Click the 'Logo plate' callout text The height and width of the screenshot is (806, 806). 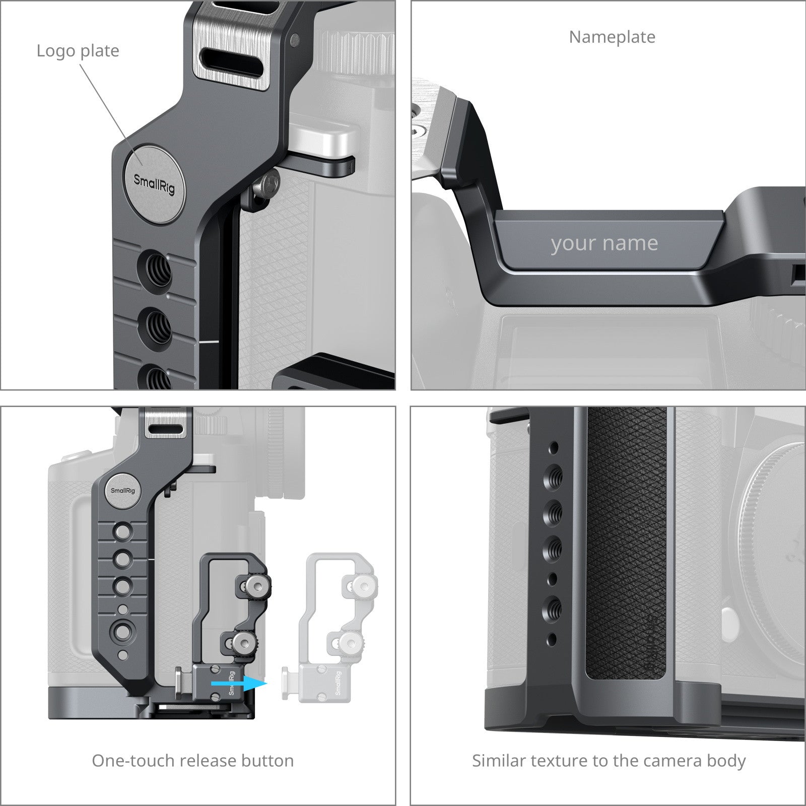(x=78, y=51)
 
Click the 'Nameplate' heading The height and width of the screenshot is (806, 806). (x=612, y=37)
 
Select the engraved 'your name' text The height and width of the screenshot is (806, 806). (x=604, y=244)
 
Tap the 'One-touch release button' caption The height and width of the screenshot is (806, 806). (x=193, y=760)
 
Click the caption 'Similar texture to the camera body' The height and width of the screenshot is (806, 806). (x=609, y=761)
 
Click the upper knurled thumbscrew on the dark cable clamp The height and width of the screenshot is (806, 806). (x=254, y=585)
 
